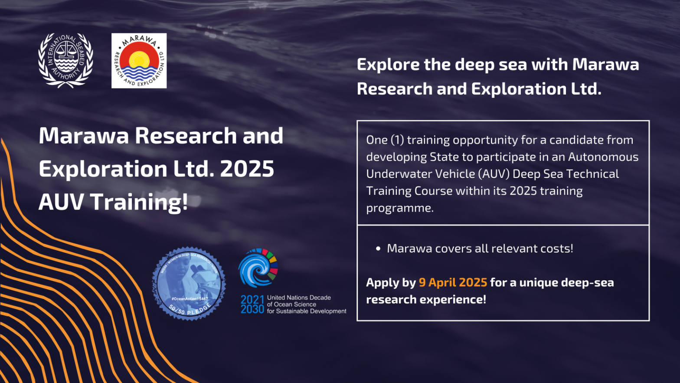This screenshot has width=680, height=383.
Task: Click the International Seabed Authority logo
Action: pos(65,60)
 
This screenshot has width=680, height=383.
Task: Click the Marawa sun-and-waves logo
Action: pos(139,61)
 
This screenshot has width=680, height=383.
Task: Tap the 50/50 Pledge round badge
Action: pos(189,284)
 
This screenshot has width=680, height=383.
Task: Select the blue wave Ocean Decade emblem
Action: pos(258,268)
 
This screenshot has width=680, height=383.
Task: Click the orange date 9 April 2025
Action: pos(453,283)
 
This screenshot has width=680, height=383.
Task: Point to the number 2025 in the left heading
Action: pos(247,169)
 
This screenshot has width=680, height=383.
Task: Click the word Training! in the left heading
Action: pos(139,202)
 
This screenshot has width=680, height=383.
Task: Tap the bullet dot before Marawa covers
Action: pos(378,249)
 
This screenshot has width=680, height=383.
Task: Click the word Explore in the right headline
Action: pos(388,65)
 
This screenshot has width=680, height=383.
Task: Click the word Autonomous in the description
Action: pos(603,157)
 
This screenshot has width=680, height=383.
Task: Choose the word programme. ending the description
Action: pos(400,208)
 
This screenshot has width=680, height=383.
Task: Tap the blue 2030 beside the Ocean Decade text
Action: pos(252,309)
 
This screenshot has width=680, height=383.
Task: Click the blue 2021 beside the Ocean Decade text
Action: pos(252,300)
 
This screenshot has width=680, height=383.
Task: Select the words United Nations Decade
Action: pos(299,298)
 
